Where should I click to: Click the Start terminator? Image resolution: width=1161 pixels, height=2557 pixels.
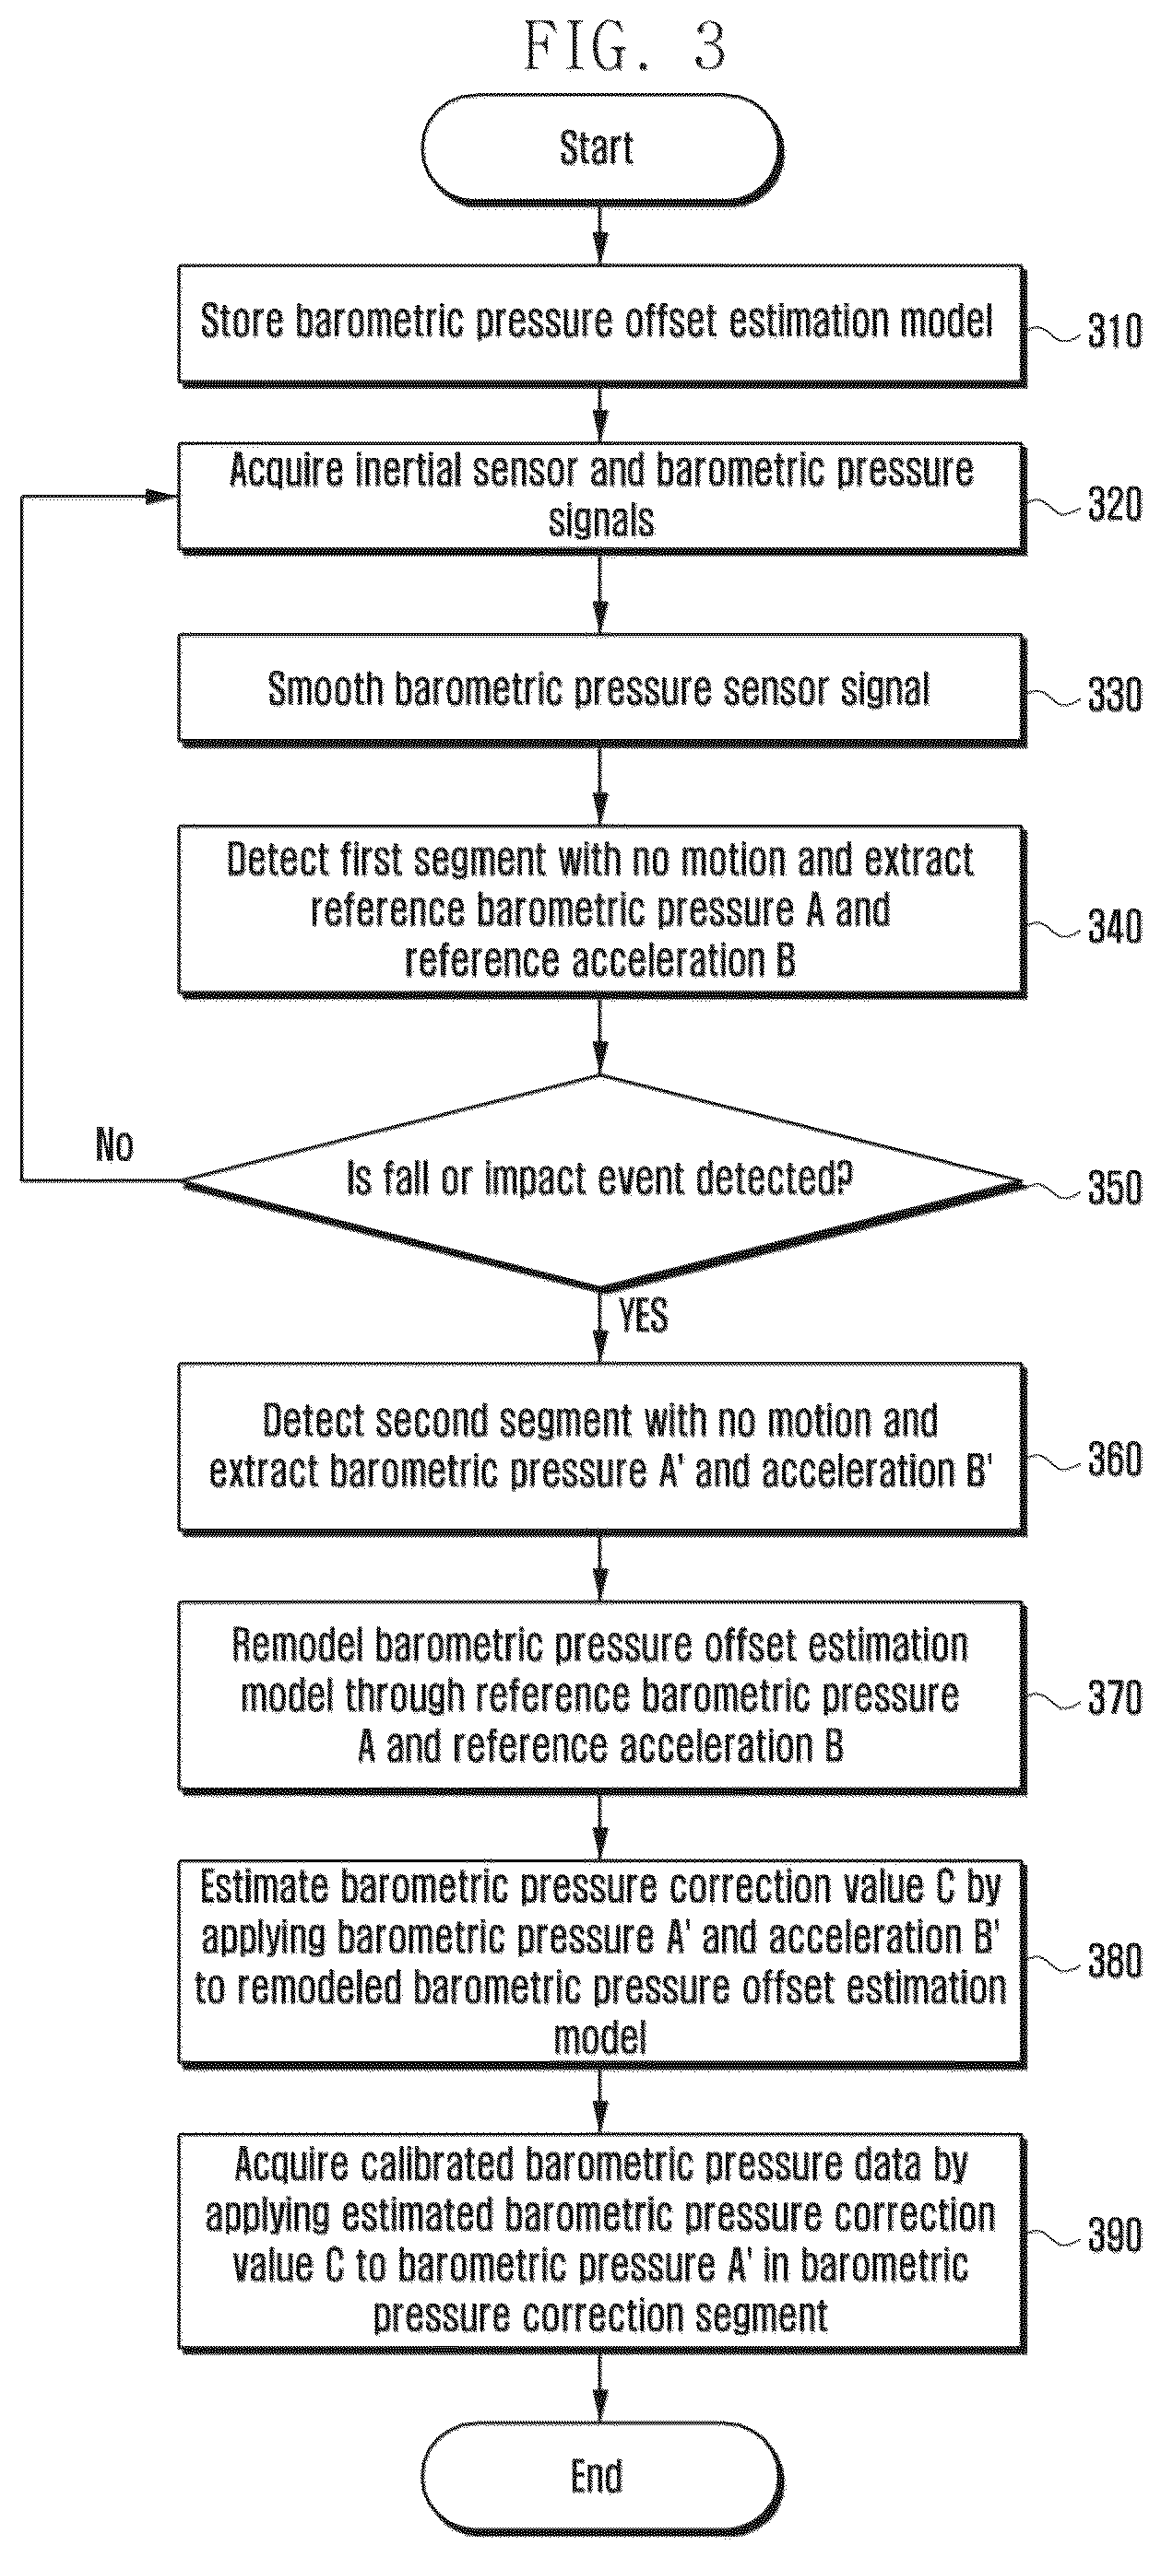[601, 149]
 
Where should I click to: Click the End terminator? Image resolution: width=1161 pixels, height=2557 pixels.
[601, 2476]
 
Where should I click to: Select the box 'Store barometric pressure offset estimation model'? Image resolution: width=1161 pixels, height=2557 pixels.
[601, 323]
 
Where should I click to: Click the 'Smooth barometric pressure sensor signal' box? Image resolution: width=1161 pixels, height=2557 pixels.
[601, 690]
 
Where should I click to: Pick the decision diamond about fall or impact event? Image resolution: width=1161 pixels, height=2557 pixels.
[601, 1181]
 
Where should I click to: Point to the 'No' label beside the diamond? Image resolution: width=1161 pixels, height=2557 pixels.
[114, 1144]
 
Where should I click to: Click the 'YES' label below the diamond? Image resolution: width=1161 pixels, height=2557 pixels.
[643, 1315]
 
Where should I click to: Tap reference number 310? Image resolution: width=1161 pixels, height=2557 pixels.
[1114, 332]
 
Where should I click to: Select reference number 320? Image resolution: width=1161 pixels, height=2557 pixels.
[1114, 505]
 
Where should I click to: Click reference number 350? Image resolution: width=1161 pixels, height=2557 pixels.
[1114, 1188]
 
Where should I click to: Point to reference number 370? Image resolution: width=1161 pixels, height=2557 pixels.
[1114, 1698]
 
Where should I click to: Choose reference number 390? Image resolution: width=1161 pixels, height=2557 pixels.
[1114, 2235]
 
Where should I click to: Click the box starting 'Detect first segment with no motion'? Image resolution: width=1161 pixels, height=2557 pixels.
[601, 910]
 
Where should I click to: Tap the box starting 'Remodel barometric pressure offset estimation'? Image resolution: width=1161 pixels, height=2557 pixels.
[601, 1696]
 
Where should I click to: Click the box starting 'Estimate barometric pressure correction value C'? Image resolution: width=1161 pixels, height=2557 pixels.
[601, 1963]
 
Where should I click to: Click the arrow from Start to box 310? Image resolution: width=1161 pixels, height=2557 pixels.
[600, 234]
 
